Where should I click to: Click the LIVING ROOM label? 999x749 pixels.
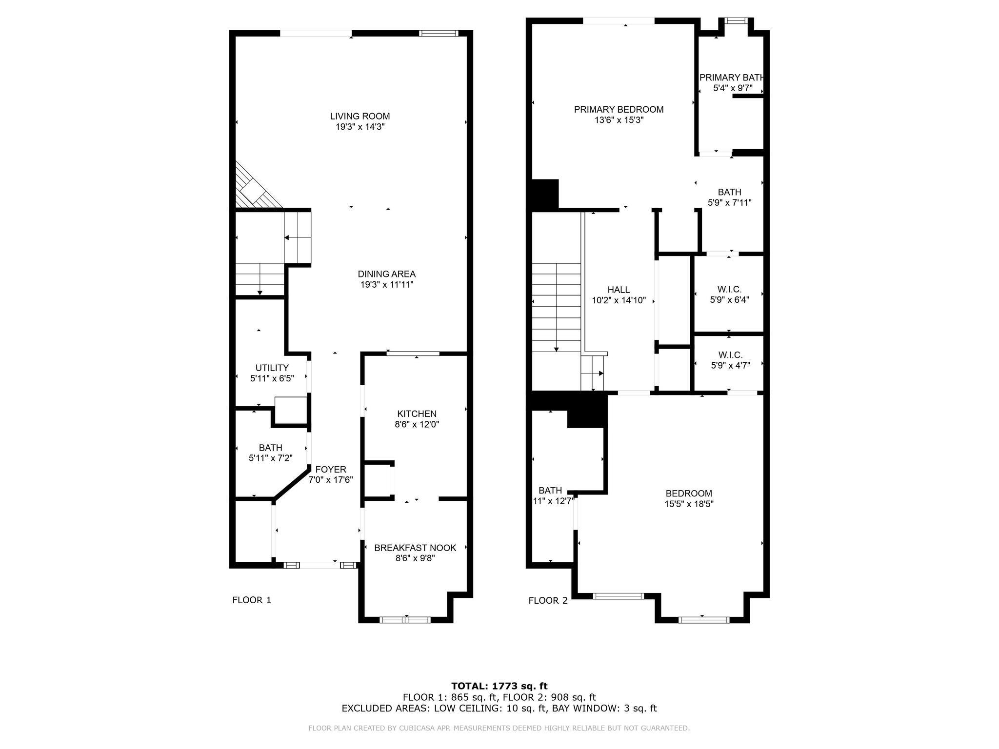[360, 116]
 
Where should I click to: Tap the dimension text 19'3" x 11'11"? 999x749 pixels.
[387, 285]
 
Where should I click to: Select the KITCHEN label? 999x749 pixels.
[417, 414]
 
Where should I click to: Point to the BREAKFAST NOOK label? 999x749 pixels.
[415, 548]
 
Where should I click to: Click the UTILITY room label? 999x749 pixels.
[272, 368]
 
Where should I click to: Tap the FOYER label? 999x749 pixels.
[330, 469]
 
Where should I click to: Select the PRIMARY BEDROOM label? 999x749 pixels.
[619, 109]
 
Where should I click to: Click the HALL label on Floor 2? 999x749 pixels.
[619, 290]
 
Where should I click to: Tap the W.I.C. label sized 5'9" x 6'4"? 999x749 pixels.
[729, 290]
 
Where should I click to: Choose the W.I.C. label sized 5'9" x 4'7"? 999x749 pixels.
[730, 355]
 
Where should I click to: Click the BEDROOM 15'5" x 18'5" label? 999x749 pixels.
[689, 493]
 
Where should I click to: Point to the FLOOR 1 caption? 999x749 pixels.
[252, 600]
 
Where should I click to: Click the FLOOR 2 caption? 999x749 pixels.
[548, 600]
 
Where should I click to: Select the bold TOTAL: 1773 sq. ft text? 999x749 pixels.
[499, 686]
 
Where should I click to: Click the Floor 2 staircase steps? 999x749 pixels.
[556, 307]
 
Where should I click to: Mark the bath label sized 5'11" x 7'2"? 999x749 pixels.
[270, 448]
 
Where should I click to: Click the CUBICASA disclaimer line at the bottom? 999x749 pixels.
[499, 728]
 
